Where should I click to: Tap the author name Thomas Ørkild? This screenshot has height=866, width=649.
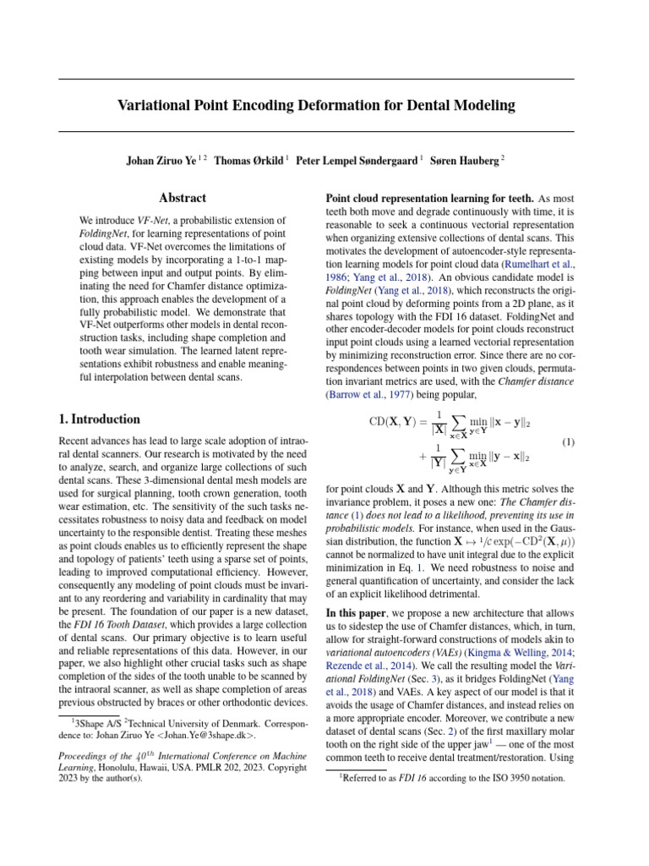pos(249,160)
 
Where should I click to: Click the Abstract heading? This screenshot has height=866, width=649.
pos(183,198)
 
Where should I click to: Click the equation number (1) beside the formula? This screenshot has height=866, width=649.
pos(568,442)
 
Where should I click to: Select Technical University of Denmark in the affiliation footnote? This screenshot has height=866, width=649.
pos(190,723)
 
